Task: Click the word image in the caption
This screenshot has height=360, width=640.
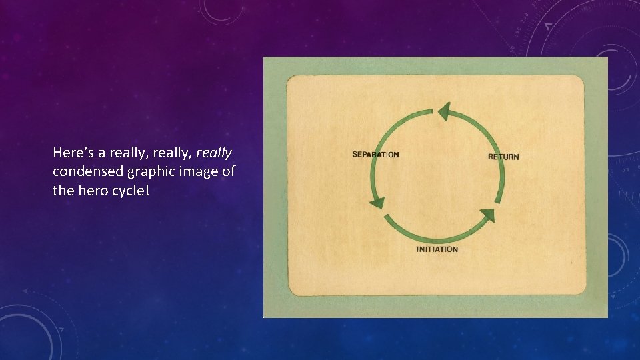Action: coord(193,172)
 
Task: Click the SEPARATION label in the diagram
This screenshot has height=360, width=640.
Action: coord(375,155)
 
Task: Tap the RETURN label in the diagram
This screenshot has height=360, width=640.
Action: coord(503,157)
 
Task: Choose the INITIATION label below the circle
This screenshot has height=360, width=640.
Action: coord(437,249)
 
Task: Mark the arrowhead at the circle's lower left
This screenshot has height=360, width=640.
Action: coord(377,203)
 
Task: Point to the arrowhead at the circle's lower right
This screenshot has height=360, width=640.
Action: coord(488,215)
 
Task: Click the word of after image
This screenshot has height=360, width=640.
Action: coord(228,171)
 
